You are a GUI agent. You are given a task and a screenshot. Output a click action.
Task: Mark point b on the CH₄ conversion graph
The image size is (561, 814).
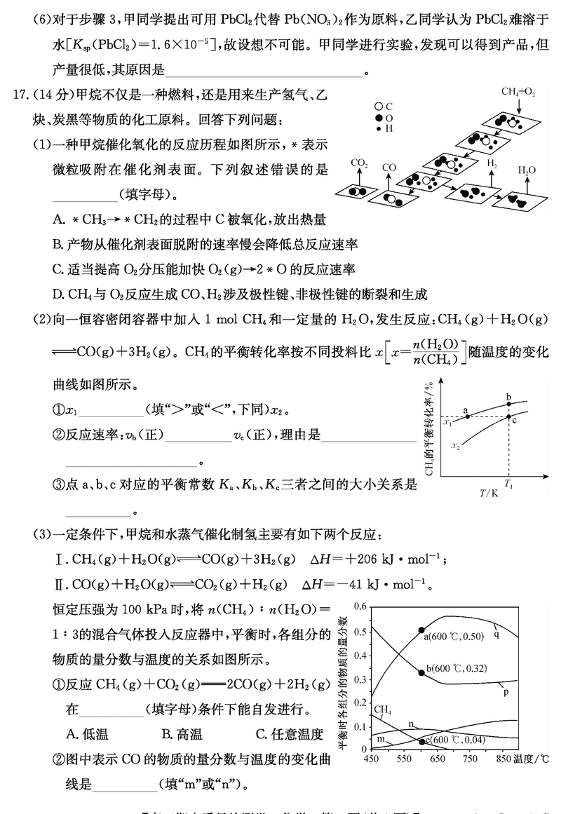click(x=509, y=404)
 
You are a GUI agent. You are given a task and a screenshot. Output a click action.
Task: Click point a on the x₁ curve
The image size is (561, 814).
click(x=467, y=417)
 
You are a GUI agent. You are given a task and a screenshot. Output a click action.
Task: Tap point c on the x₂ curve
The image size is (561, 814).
click(x=509, y=417)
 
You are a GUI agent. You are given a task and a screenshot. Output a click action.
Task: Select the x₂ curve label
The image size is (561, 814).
click(x=455, y=445)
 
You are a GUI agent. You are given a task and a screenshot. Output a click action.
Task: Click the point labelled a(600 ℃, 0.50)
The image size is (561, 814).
click(x=421, y=630)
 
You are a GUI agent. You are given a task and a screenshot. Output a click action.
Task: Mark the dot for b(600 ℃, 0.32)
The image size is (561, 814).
click(x=421, y=672)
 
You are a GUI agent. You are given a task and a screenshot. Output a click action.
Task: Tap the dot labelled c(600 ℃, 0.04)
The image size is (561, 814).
click(x=421, y=741)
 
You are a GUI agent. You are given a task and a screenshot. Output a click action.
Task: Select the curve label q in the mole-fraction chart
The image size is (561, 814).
click(x=496, y=635)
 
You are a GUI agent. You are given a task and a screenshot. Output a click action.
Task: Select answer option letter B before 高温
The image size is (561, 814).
click(x=167, y=734)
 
